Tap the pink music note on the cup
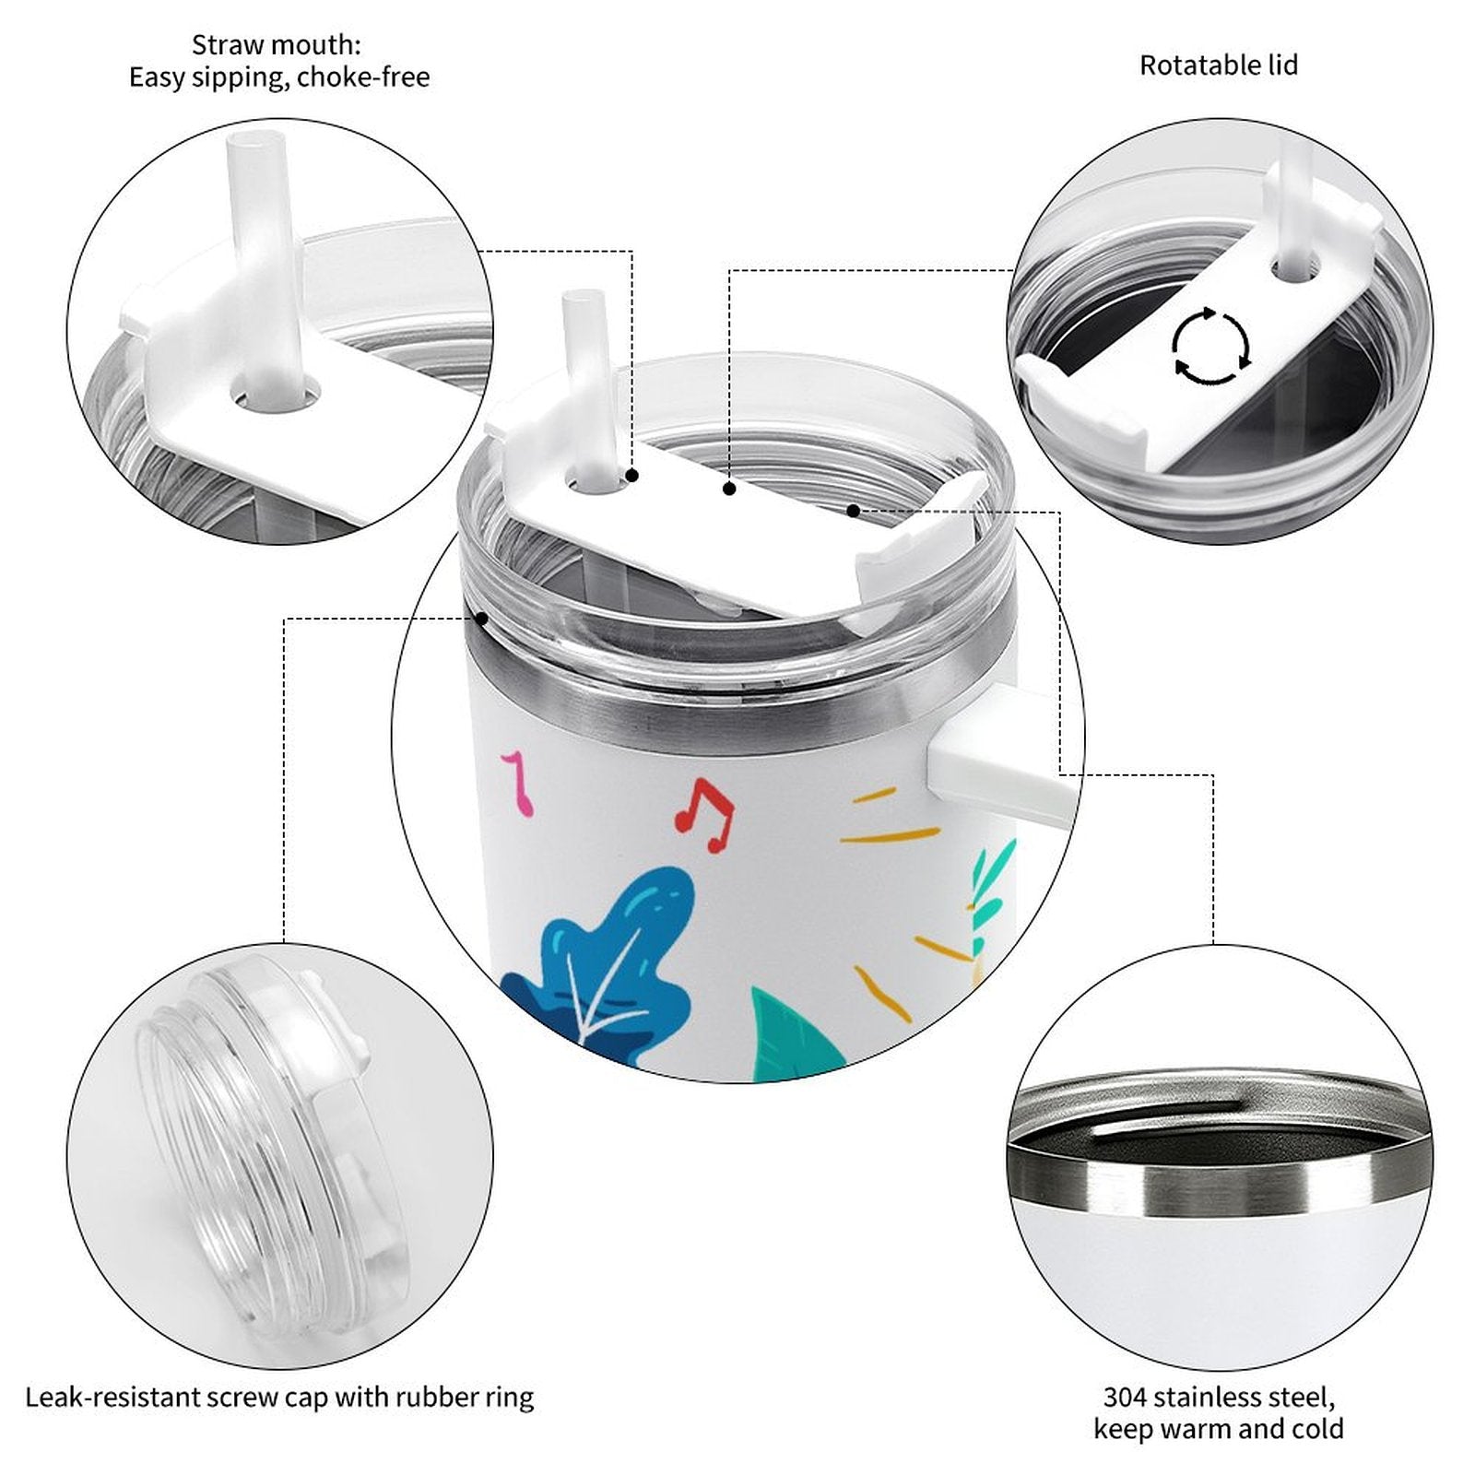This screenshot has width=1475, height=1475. click(x=518, y=783)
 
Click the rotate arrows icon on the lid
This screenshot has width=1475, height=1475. click(x=1211, y=347)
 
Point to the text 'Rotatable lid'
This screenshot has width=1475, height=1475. click(x=1219, y=65)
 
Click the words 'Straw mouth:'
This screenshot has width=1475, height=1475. click(x=277, y=44)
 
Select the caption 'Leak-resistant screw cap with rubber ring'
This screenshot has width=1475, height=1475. click(x=279, y=1398)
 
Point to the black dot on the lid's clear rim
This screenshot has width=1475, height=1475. click(x=481, y=619)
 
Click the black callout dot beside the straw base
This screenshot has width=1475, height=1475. click(x=632, y=476)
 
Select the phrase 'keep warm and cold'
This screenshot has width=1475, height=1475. click(x=1219, y=1430)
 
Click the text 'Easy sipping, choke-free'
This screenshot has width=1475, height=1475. click(x=279, y=77)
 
